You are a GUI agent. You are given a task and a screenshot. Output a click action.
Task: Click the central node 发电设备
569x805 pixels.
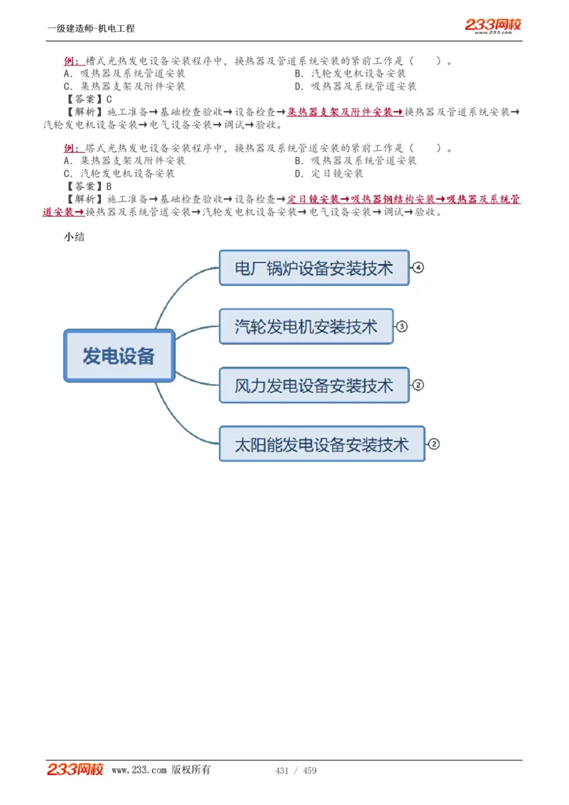coord(119,356)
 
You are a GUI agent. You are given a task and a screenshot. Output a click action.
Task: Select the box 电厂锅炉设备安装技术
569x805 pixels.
coord(314,267)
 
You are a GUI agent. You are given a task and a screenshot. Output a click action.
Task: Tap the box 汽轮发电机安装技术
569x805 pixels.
coord(306,326)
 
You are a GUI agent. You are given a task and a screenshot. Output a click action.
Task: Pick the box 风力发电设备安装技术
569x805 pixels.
coord(314,385)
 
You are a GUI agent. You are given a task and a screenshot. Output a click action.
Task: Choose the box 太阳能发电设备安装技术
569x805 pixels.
coord(321,444)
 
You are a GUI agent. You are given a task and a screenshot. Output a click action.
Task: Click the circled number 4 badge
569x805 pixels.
coord(418,267)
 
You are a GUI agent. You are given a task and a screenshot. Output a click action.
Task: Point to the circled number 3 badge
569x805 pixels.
coord(402,326)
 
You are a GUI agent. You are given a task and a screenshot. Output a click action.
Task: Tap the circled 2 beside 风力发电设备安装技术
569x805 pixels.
coord(418,385)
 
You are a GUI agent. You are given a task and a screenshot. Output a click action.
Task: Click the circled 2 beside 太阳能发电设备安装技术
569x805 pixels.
coord(434,444)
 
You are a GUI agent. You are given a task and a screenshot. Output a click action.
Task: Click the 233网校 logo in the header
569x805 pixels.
coord(493,26)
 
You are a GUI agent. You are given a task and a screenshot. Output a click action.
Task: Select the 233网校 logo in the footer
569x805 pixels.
coord(75,769)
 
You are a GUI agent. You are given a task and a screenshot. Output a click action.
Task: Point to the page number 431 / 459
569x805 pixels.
coord(295,771)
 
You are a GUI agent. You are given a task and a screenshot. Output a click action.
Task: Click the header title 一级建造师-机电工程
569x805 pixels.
coord(91,28)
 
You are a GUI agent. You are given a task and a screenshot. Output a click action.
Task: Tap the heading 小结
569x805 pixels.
coord(74,237)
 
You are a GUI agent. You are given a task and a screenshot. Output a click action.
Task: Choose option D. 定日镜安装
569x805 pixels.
coord(329,174)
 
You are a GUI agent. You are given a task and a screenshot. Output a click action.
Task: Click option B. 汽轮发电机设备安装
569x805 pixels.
coord(350,74)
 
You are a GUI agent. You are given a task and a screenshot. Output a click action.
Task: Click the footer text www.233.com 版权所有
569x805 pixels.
coord(161,770)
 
